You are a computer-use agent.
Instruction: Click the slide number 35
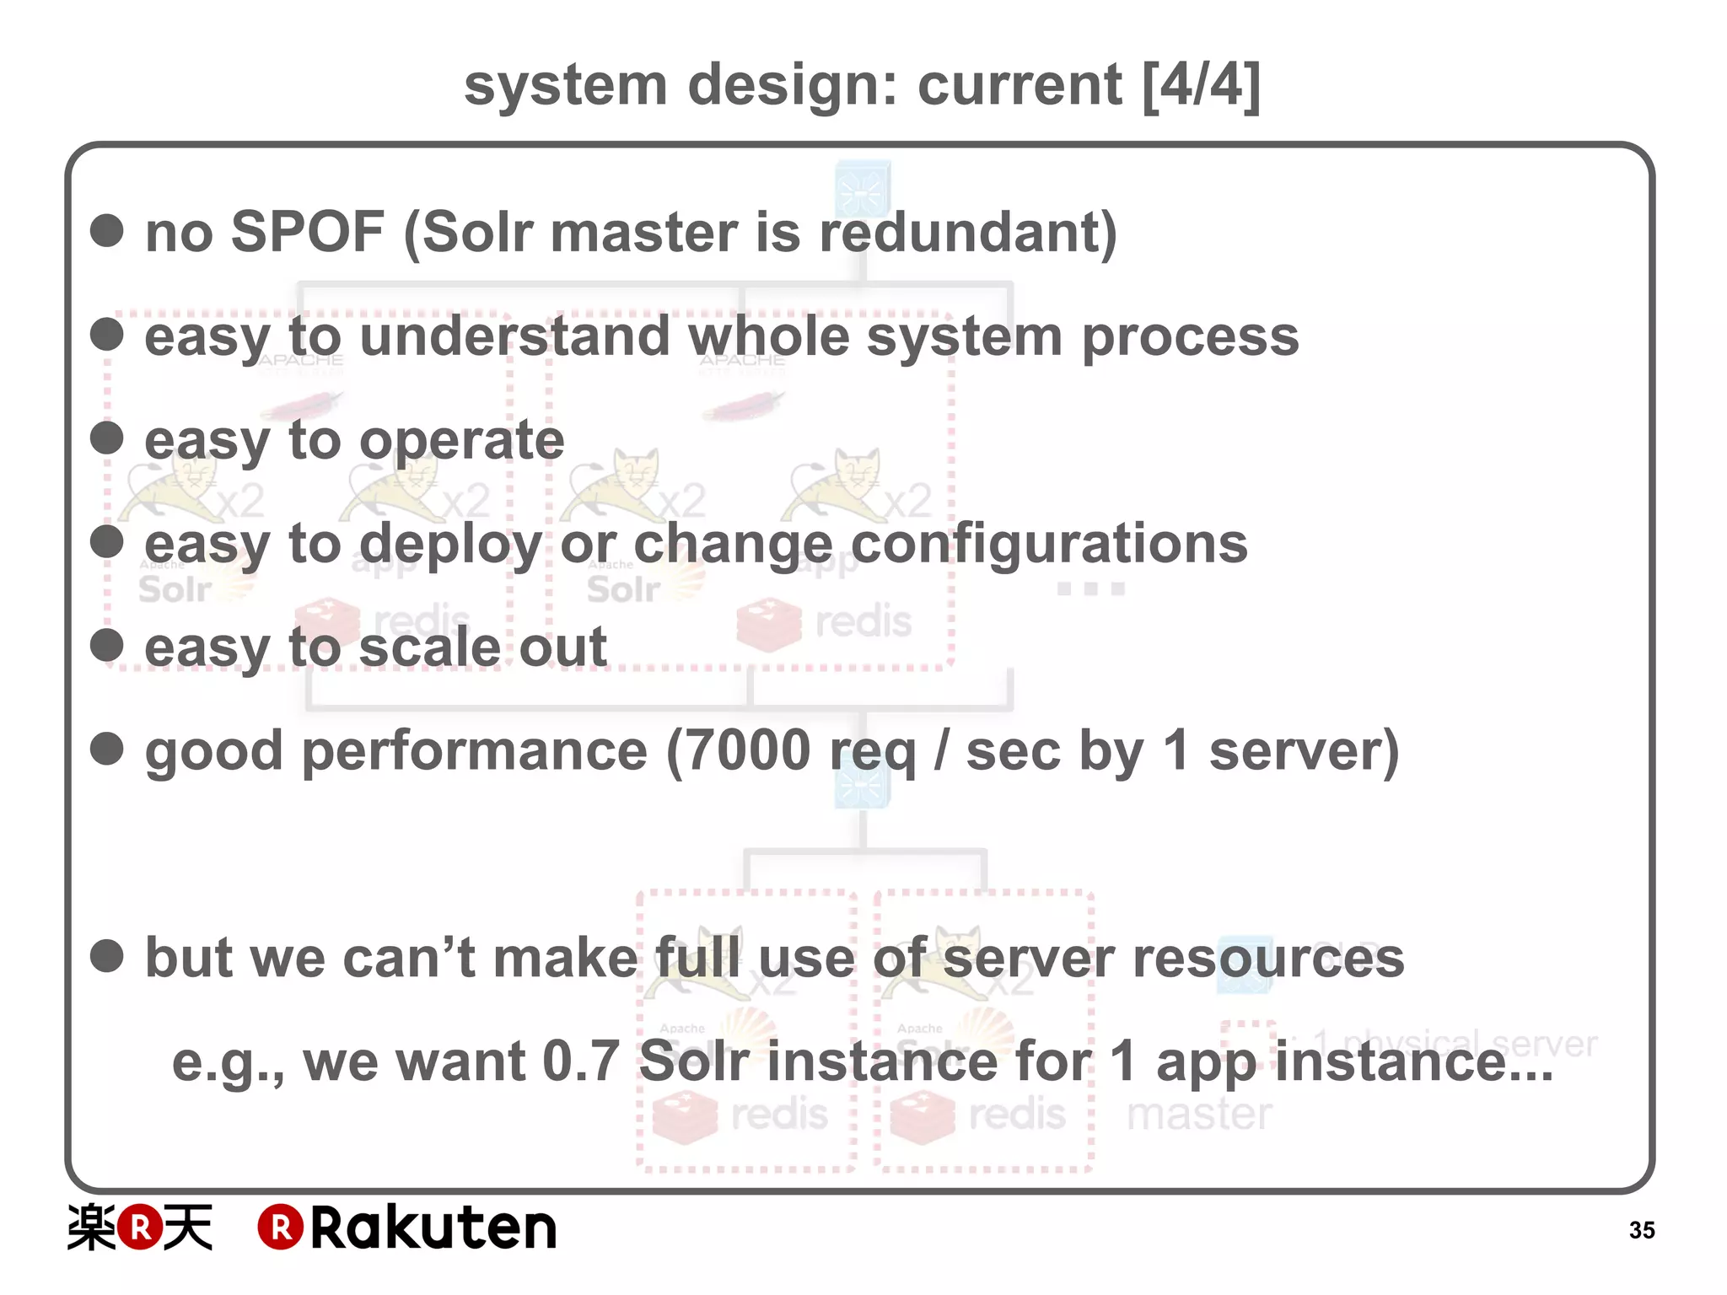point(1641,1230)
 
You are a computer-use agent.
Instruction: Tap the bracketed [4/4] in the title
point(1202,85)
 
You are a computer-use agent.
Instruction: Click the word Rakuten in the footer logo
point(433,1228)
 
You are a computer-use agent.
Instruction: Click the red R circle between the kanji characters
point(139,1228)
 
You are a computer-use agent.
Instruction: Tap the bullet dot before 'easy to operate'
point(107,438)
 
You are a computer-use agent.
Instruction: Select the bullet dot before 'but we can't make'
point(107,956)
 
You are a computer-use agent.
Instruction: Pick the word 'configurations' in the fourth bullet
point(1049,544)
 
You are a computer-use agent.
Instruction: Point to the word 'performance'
point(475,750)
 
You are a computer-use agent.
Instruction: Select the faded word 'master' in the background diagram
point(1199,1114)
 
